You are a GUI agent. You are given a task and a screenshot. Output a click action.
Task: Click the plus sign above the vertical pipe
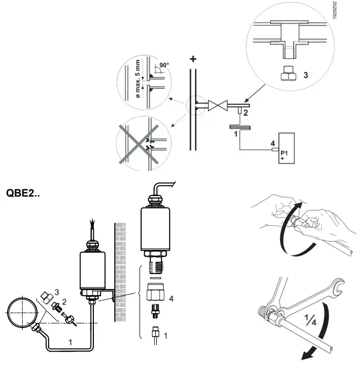click(193, 59)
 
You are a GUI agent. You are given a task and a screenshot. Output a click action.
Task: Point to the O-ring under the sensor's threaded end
click(156, 277)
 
